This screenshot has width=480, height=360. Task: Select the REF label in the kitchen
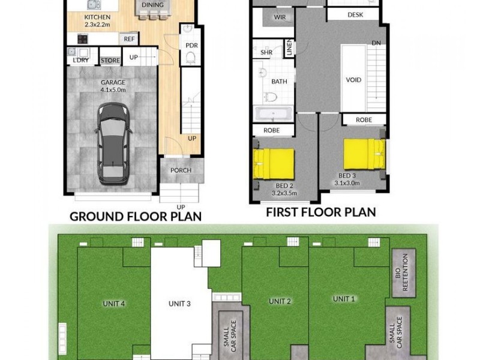[x=128, y=39]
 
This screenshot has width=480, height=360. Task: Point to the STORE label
[x=110, y=59]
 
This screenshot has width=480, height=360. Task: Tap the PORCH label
[x=181, y=170]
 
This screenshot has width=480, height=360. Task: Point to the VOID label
[x=353, y=80]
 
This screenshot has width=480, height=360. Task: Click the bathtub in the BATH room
[x=274, y=113]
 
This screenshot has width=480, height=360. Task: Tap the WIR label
[x=279, y=17]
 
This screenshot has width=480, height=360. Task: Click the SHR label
[x=266, y=52]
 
